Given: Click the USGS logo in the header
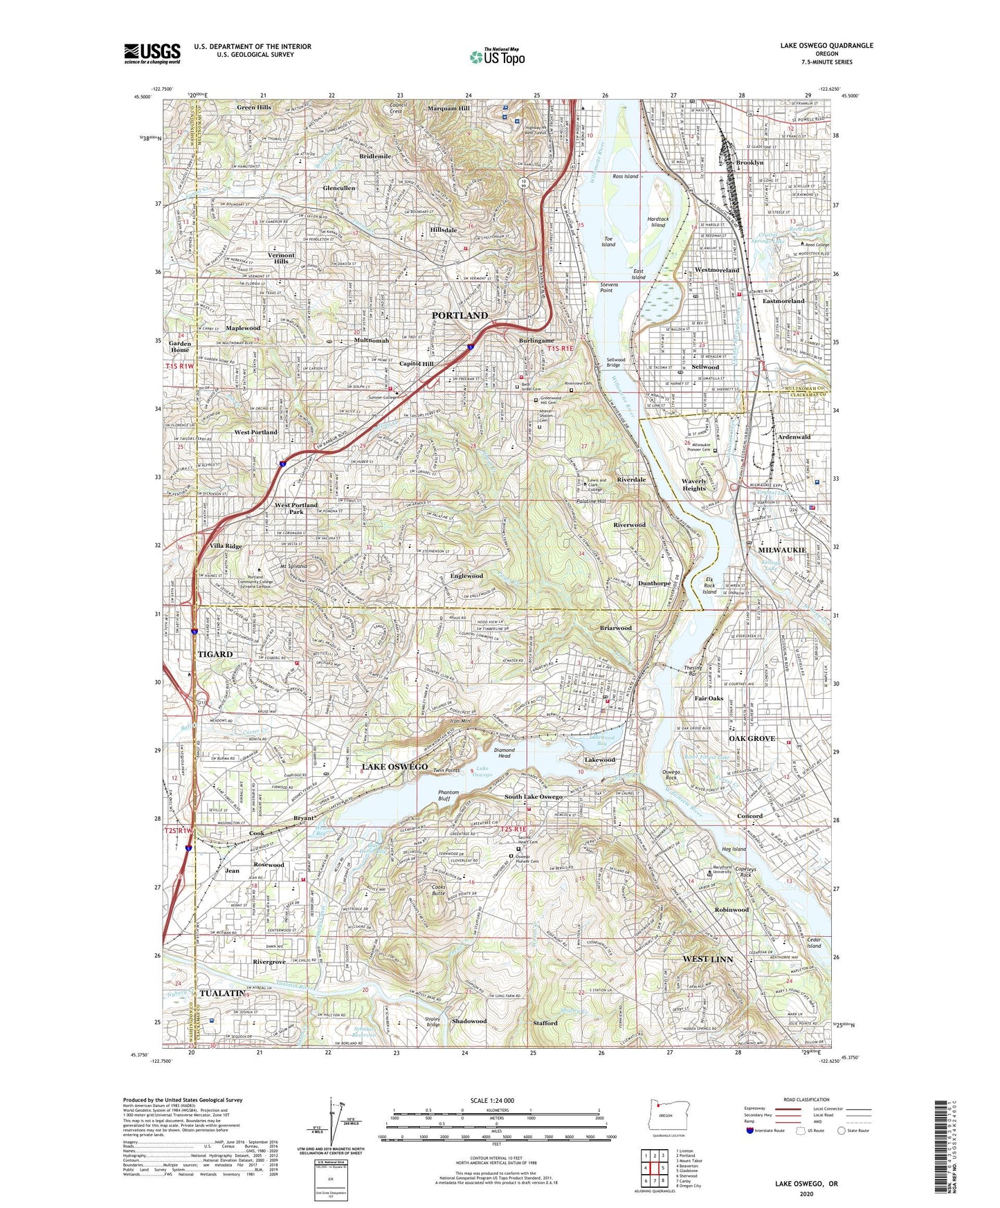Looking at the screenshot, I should coord(152,53).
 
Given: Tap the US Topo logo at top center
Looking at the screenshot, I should coord(497,57).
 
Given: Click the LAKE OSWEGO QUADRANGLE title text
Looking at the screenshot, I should coord(826,46).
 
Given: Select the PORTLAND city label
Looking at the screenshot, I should coord(460,315).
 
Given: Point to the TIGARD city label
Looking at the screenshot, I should coord(215,654).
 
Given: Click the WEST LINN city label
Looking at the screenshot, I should coord(707,959).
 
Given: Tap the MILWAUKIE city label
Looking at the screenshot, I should coord(782,550).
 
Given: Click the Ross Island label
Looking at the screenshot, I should coord(625,176).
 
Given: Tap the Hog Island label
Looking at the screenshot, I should coord(734,849).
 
